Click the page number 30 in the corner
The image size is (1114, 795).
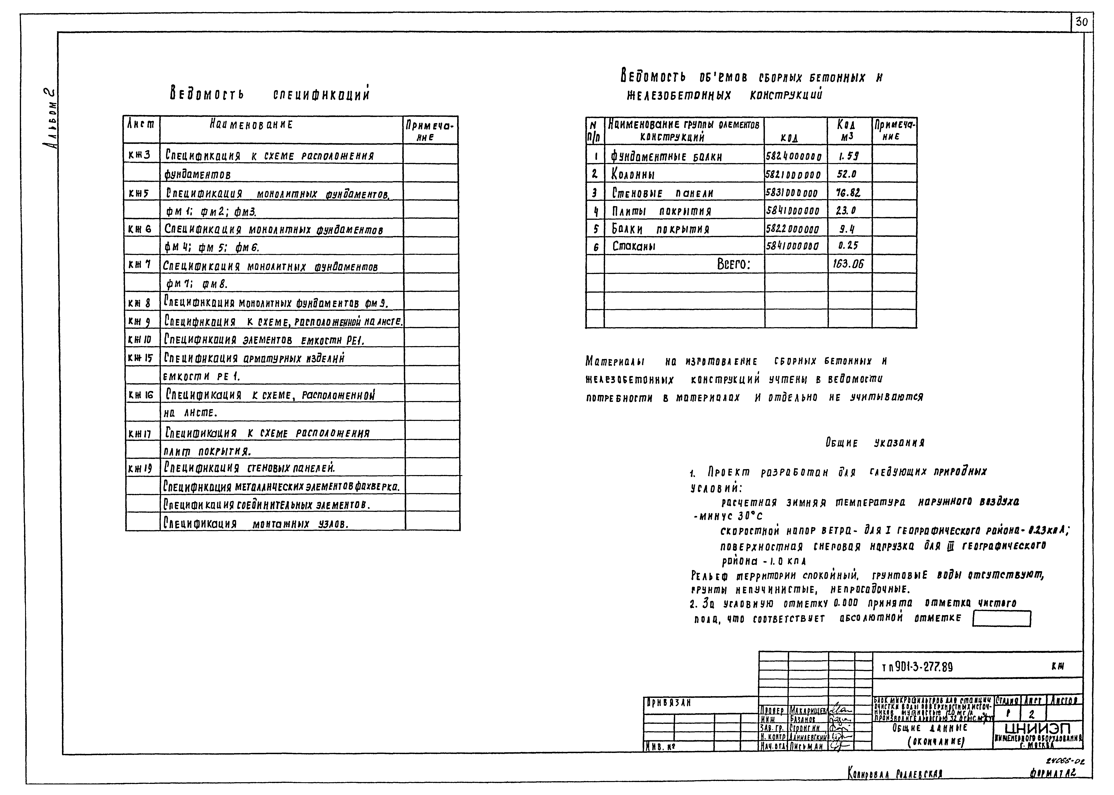click(x=1082, y=22)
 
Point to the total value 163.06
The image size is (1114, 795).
click(x=848, y=264)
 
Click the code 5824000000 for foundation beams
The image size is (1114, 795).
click(x=794, y=157)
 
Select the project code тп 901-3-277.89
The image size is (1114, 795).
click(x=917, y=667)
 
